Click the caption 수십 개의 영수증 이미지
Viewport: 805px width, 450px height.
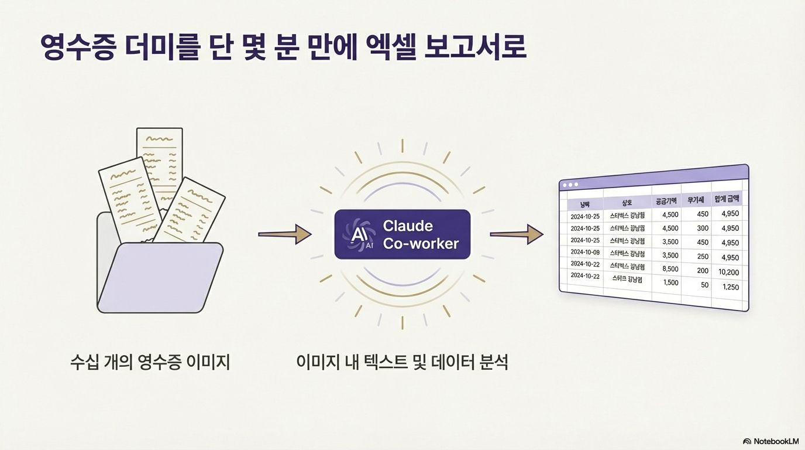(x=150, y=362)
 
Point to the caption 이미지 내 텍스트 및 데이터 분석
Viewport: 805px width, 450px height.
(x=402, y=362)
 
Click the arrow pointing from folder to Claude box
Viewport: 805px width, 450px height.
(x=284, y=234)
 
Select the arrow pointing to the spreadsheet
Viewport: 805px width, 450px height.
(x=516, y=234)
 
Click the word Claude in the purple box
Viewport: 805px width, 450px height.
(x=408, y=226)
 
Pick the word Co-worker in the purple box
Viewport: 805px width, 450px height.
(x=421, y=244)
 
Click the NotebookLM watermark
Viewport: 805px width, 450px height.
(x=770, y=441)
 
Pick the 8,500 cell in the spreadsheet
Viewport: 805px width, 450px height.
(x=670, y=269)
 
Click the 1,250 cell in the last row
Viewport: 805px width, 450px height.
(x=731, y=287)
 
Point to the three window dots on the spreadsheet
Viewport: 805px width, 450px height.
(x=569, y=185)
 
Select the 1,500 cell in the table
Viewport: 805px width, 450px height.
(x=670, y=282)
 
